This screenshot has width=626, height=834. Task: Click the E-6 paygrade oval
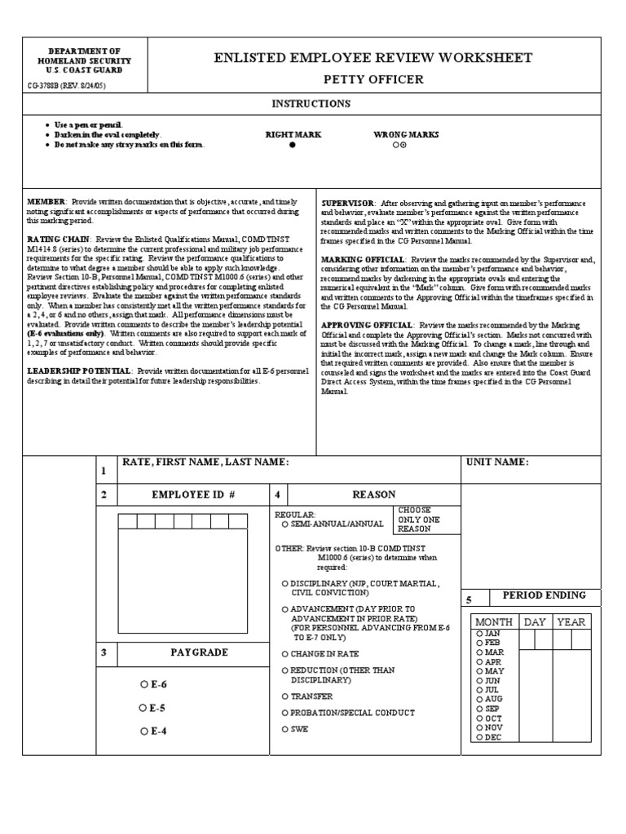(143, 685)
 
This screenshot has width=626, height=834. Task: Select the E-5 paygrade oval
(143, 708)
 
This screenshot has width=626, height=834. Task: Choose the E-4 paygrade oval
(143, 731)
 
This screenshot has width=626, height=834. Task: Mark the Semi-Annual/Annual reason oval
(284, 525)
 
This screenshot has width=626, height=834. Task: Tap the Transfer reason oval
(284, 696)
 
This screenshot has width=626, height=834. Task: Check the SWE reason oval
(284, 729)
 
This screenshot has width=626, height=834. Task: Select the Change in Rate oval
(284, 654)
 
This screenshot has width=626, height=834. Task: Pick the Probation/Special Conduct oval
(284, 713)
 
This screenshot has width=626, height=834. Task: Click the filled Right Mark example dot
(293, 144)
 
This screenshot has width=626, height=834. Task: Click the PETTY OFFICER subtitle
(373, 79)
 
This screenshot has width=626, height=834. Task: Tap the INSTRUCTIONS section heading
(311, 103)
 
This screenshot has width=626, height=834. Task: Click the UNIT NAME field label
(497, 462)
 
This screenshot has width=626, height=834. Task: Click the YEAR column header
(571, 621)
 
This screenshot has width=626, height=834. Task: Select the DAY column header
(535, 621)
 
